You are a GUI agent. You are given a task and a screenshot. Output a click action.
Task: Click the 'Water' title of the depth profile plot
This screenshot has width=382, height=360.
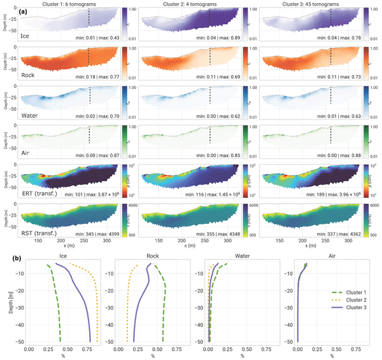(x=243, y=257)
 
